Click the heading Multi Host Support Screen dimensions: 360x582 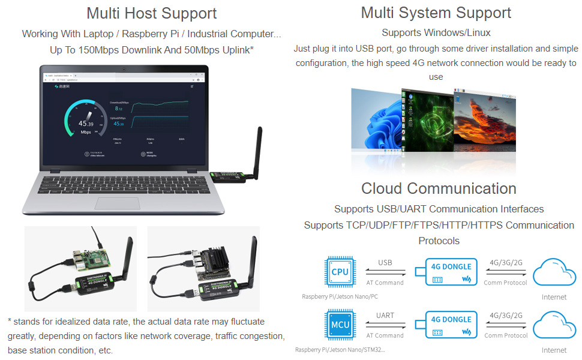pos(151,13)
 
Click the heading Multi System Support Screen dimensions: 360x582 pos(436,13)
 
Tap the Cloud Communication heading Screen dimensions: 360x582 pos(439,188)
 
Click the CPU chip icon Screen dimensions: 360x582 pos(340,272)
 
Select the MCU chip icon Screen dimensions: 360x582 pos(340,325)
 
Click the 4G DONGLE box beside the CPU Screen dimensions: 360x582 pos(451,272)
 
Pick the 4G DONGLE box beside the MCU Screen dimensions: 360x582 pos(451,325)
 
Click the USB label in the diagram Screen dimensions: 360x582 pos(385,263)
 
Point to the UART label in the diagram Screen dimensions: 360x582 pos(385,316)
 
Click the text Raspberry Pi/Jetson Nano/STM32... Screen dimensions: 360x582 pos(340,350)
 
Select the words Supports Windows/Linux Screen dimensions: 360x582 pos(436,32)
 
